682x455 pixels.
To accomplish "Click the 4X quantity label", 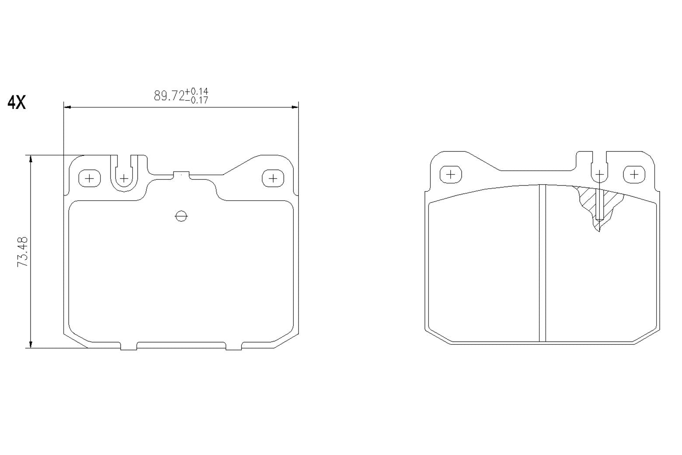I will click(x=17, y=102).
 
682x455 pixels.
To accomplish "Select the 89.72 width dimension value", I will click(x=169, y=96).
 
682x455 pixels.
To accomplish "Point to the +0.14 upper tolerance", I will click(x=197, y=91).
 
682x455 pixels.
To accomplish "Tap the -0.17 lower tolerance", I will click(x=197, y=100).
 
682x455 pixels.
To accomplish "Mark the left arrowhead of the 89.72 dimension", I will click(x=67, y=106).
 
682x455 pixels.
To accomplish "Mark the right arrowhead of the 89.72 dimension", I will click(x=295, y=106).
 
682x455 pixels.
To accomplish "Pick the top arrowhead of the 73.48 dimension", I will click(x=31, y=158).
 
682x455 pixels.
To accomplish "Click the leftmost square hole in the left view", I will click(x=89, y=178).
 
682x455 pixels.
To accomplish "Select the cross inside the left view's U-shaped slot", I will click(x=124, y=178).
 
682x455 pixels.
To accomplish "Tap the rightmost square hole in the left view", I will click(x=273, y=178).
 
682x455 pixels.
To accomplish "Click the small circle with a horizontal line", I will click(x=181, y=216).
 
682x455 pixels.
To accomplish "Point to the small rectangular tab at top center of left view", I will click(x=181, y=175).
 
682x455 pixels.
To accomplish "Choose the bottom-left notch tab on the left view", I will click(x=129, y=346).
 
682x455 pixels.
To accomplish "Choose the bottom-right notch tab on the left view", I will click(x=233, y=346).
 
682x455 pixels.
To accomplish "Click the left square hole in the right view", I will click(x=450, y=174).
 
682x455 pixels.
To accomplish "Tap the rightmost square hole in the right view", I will click(x=634, y=174).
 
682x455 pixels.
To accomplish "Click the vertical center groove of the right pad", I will click(x=543, y=262).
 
